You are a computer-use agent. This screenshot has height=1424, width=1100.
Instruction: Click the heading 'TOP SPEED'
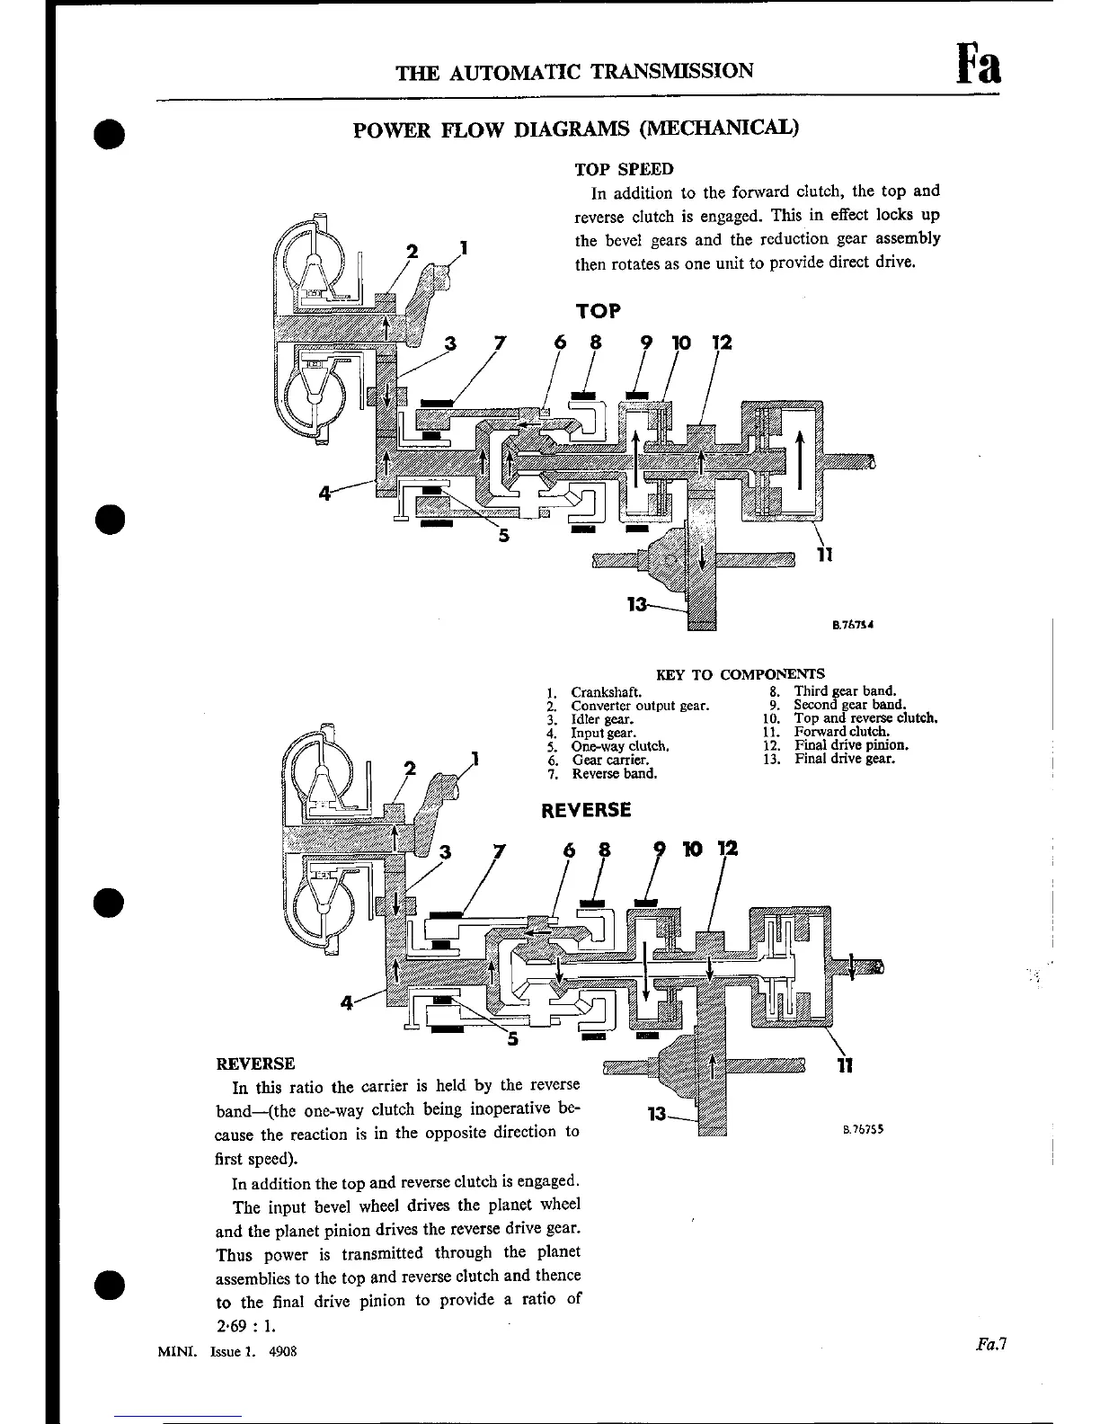click(624, 169)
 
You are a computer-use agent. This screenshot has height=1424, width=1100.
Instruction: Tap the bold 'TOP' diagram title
click(598, 311)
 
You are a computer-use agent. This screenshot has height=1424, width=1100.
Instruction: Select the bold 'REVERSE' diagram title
click(586, 810)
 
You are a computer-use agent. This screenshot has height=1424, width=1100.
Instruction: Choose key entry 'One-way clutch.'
click(619, 746)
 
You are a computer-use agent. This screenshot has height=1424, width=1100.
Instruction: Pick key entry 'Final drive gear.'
click(844, 759)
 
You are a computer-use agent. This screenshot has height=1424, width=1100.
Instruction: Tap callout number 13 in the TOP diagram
click(637, 605)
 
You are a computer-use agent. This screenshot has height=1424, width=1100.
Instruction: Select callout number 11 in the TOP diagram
click(824, 555)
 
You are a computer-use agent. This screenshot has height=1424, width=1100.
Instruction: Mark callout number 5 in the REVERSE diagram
click(512, 1040)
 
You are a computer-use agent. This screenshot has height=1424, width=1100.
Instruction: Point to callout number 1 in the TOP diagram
click(464, 247)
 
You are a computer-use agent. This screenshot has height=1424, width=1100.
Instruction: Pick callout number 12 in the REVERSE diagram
click(728, 848)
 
